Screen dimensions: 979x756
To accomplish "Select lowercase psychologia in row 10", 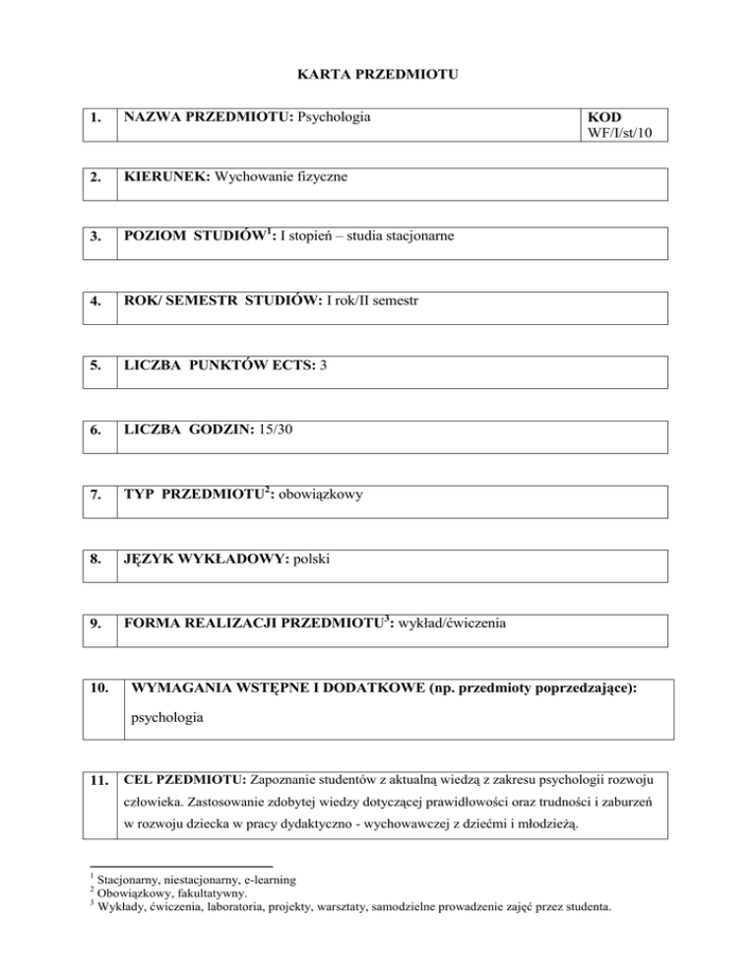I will [x=166, y=718].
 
